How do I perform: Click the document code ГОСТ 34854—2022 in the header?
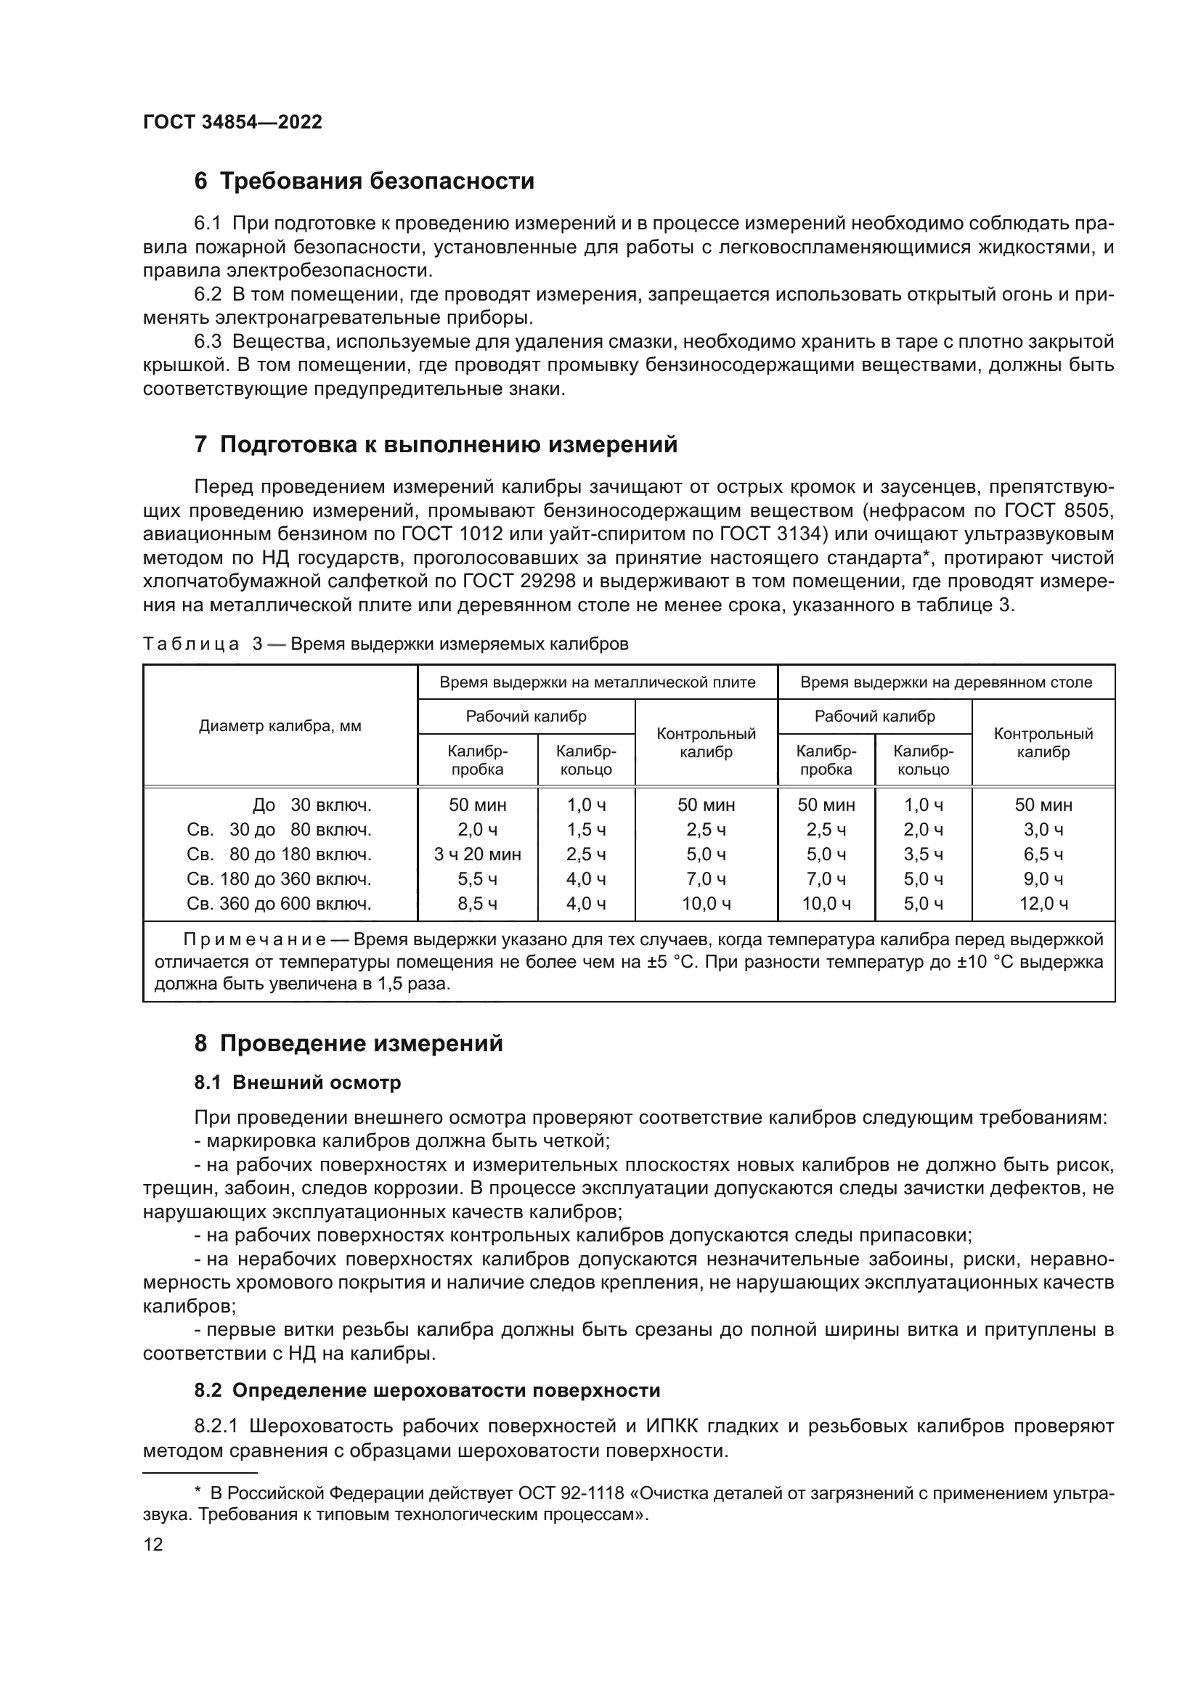click(x=232, y=123)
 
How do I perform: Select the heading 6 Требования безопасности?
click(x=364, y=181)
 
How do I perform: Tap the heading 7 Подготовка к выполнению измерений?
click(x=436, y=444)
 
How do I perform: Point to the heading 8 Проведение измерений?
click(x=349, y=1042)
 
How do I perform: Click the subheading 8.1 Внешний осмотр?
click(x=297, y=1082)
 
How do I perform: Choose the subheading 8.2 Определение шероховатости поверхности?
click(x=427, y=1390)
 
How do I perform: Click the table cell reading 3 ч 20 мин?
click(x=477, y=854)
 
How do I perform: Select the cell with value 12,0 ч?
click(x=1043, y=904)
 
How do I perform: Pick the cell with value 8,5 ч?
click(x=477, y=904)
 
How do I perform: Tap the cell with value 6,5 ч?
click(x=1043, y=854)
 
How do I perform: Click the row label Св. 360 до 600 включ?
click(x=279, y=904)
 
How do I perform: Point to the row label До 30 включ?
click(x=312, y=804)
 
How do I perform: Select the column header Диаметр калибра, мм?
click(x=280, y=726)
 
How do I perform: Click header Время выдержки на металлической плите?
click(x=597, y=682)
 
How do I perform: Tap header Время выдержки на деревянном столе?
click(x=946, y=682)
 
